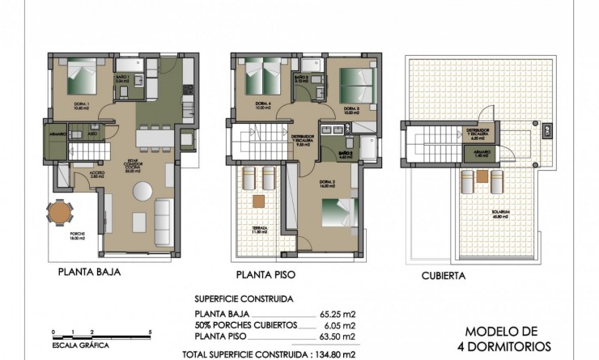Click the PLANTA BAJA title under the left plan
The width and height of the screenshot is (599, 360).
tap(89, 273)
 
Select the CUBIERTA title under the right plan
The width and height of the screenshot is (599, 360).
tap(443, 275)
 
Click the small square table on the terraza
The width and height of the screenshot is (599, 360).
tap(259, 201)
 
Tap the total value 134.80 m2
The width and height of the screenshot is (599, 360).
tap(359, 353)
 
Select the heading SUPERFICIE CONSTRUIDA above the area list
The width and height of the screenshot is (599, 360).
tap(244, 298)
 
